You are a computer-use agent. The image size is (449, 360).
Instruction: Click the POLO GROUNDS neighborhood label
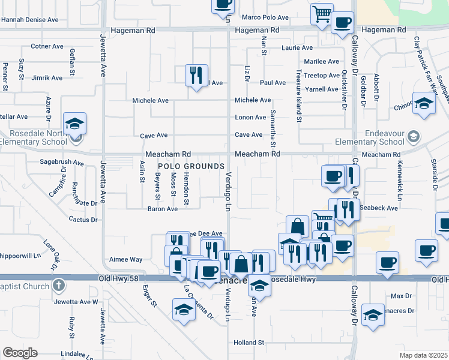coord(191,166)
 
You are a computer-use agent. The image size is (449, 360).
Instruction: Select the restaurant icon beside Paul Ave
coord(196,75)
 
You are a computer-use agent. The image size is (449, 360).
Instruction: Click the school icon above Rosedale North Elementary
coord(75,124)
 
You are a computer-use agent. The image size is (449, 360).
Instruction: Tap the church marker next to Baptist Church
coord(58,286)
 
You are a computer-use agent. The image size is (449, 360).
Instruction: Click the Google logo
coord(20,353)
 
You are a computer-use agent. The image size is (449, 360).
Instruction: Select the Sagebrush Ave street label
coord(62,162)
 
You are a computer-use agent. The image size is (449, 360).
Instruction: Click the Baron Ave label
coord(163,209)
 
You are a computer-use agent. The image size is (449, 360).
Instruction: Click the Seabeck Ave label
coord(384,208)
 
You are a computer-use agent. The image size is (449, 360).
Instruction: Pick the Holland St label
coord(249,343)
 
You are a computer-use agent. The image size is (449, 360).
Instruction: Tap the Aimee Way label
coord(125,260)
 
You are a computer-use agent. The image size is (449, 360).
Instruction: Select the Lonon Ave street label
coord(250,118)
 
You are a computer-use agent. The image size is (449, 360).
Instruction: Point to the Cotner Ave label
coord(47,46)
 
